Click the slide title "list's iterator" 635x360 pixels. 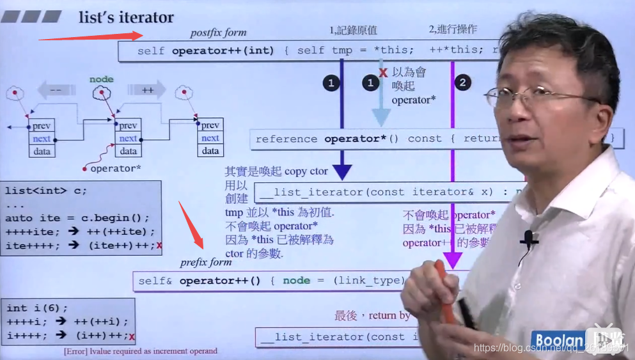(x=126, y=17)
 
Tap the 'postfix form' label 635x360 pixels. (x=218, y=33)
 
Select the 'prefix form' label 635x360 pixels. (x=206, y=262)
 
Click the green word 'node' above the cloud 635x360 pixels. (x=101, y=79)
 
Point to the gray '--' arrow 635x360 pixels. (x=56, y=90)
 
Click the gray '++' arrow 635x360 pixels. (x=147, y=90)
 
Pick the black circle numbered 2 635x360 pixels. (x=464, y=83)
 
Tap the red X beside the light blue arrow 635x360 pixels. (x=383, y=72)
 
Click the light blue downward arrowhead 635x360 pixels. (x=381, y=117)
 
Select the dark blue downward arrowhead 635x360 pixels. (x=342, y=171)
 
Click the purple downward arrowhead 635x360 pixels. (x=453, y=260)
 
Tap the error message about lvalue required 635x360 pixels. (x=141, y=351)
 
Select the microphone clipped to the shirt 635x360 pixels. (x=529, y=239)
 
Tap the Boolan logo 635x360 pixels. (x=560, y=341)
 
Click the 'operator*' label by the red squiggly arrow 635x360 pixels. (x=115, y=169)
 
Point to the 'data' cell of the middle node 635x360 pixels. (x=129, y=152)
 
